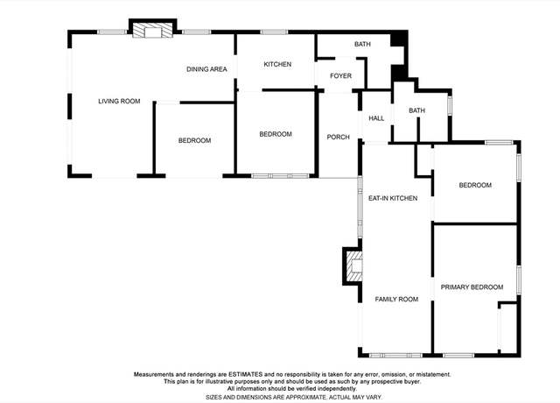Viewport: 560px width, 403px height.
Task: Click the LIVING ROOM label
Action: point(119,102)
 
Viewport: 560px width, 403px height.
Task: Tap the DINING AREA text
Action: point(206,69)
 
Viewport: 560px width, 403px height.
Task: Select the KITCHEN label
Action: point(277,64)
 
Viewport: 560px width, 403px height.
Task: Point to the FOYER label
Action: point(340,76)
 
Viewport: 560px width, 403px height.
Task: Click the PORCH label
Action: point(339,137)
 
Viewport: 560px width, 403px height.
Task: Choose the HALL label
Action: point(376,118)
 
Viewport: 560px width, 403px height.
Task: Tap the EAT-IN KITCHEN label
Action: point(393,198)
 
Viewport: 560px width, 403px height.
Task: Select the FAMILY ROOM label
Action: point(396,300)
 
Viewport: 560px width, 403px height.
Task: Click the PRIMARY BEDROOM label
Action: point(472,287)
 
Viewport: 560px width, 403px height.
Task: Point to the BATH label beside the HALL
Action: point(416,110)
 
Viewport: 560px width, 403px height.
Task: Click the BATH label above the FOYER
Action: point(362,44)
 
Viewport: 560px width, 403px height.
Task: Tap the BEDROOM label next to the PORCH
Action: point(276,134)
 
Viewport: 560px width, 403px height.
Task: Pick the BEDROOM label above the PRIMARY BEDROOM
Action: point(475,185)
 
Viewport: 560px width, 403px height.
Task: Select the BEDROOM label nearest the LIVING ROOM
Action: point(194,140)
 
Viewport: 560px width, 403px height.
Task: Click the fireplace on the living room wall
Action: point(152,31)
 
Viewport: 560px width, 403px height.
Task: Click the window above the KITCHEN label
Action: point(274,32)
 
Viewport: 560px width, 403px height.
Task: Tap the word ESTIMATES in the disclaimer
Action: point(245,374)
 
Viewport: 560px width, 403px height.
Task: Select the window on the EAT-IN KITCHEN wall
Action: point(360,208)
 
